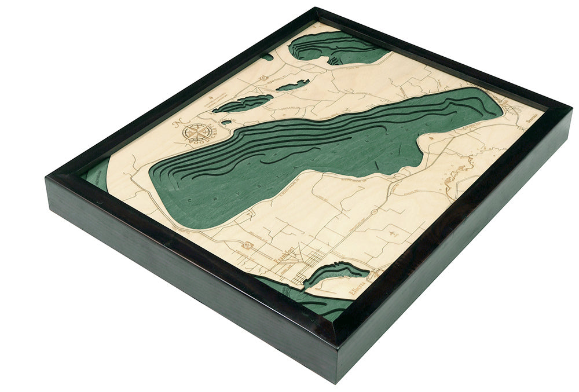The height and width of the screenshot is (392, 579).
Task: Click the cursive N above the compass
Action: tap(178, 123)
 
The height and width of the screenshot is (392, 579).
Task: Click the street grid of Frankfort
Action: tap(310, 263)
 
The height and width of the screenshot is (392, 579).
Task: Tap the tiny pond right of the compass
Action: tap(226, 122)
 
